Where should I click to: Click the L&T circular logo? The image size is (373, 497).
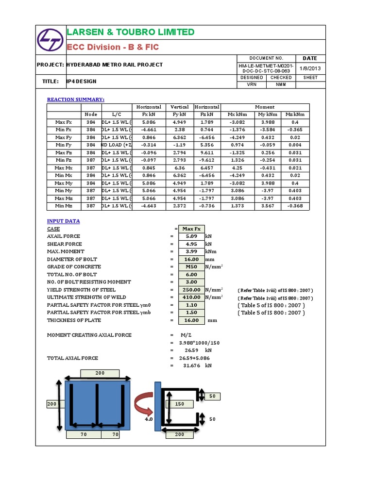51,39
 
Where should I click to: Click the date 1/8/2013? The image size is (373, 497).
310,68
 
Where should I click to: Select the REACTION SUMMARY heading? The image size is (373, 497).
75,99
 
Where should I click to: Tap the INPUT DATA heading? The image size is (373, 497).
64,221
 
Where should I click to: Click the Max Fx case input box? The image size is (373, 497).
191,229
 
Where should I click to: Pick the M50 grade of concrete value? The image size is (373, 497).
191,266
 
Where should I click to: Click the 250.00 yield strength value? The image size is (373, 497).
191,290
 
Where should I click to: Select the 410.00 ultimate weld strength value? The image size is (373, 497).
191,297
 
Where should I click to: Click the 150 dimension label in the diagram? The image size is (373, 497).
179,404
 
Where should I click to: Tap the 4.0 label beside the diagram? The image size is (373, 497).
149,418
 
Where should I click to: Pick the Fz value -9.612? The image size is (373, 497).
207,160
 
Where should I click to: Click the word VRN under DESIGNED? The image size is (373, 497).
252,85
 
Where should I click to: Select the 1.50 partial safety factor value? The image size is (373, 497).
191,313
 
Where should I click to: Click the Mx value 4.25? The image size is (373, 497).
238,167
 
